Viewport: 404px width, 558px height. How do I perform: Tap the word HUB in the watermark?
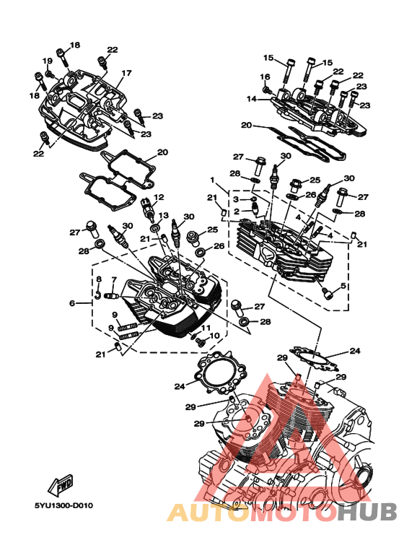coord(367,512)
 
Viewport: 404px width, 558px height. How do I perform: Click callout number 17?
coord(126,73)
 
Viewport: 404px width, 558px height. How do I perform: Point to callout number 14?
coord(252,99)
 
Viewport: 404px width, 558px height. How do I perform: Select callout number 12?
coord(159,197)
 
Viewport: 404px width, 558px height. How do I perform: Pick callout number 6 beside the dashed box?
coord(72,303)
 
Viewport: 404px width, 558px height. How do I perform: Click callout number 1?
coord(212,180)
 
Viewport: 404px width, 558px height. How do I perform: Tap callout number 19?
coord(48,61)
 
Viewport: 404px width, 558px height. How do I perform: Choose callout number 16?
coord(265,77)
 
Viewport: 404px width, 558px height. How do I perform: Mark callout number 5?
coord(343,285)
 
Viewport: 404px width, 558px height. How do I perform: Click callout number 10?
coord(214,335)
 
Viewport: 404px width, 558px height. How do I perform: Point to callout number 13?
coord(163,215)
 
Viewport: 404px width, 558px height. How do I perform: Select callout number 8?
coord(99,279)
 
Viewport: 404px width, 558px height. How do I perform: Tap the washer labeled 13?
coord(154,228)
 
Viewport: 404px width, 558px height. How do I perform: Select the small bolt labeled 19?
coord(49,74)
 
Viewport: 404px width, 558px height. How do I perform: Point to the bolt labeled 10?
coord(201,341)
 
